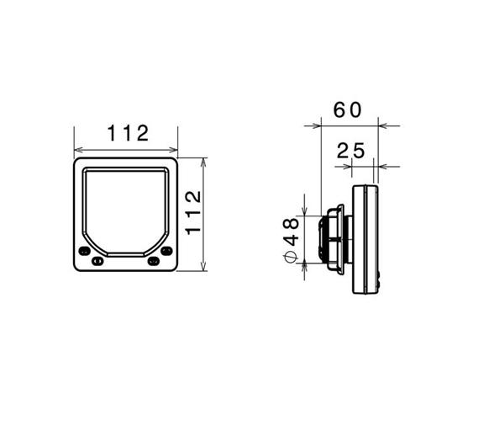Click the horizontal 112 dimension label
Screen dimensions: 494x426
point(128,133)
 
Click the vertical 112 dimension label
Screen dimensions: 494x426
point(193,213)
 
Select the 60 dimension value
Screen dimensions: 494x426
point(348,110)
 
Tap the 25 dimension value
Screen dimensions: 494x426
point(350,151)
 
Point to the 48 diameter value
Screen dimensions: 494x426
point(291,232)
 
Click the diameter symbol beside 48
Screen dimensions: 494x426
point(291,257)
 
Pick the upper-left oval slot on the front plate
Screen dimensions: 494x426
point(84,252)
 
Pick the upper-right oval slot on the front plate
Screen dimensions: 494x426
point(166,251)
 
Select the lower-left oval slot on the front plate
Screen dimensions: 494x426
point(97,261)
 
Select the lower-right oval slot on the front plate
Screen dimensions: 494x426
point(154,261)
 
